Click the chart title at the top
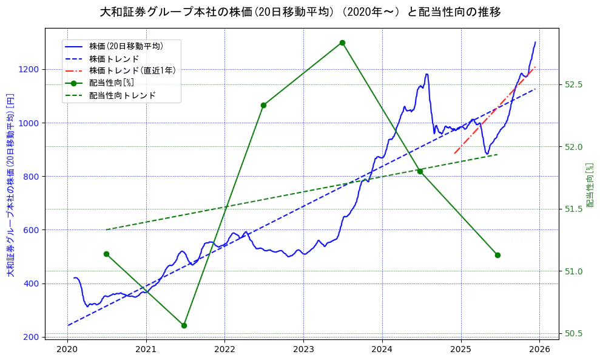tap(300, 12)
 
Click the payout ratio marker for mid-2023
tap(342, 42)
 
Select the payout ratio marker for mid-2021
tap(184, 325)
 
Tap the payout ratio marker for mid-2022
tap(263, 105)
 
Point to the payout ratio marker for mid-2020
tap(106, 254)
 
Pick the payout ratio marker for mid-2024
tap(420, 171)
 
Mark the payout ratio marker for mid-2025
tap(497, 255)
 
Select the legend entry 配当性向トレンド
tap(122, 95)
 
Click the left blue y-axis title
tap(10, 185)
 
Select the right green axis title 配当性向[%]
tap(590, 185)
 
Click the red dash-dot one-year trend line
tap(494, 110)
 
